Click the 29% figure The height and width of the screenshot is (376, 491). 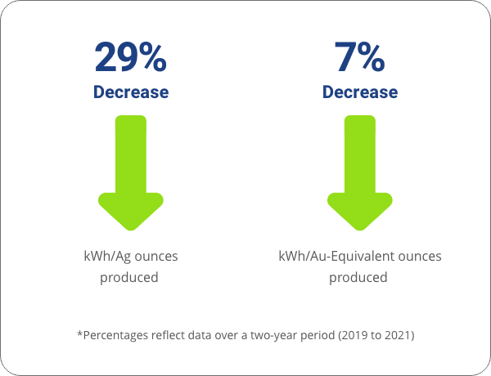tap(131, 57)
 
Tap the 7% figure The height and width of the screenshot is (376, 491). tap(360, 57)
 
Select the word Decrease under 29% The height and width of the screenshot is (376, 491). tap(131, 92)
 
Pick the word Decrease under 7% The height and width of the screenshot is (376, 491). tap(360, 92)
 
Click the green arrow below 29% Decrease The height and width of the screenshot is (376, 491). tap(131, 173)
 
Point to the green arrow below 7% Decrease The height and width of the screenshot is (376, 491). tap(360, 173)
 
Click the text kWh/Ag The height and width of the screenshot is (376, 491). tap(107, 257)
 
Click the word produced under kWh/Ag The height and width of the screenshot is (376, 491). tap(129, 278)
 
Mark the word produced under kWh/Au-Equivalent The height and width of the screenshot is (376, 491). tap(358, 278)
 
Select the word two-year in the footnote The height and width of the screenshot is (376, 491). tap(273, 336)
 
